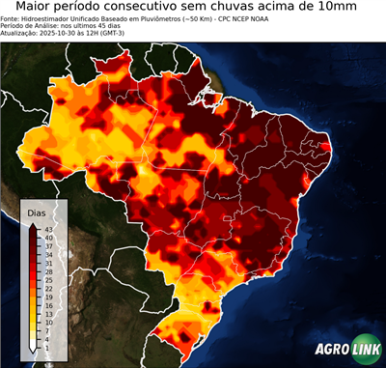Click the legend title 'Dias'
coord(37,212)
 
